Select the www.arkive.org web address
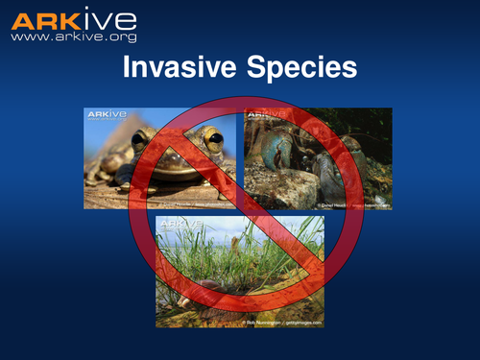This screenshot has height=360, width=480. point(74,36)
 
